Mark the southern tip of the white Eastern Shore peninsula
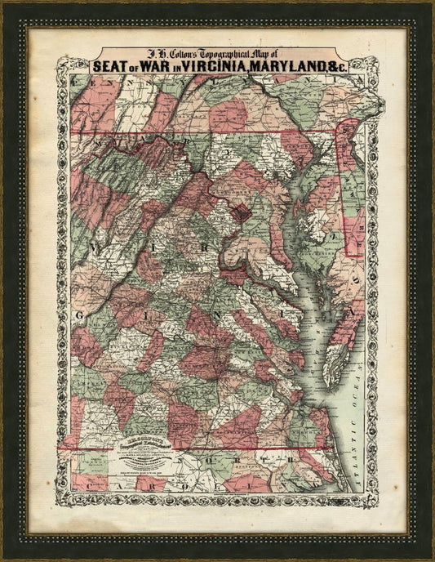(x=330, y=384)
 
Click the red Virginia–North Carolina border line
(x=204, y=447)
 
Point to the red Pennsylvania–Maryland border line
(x=204, y=131)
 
